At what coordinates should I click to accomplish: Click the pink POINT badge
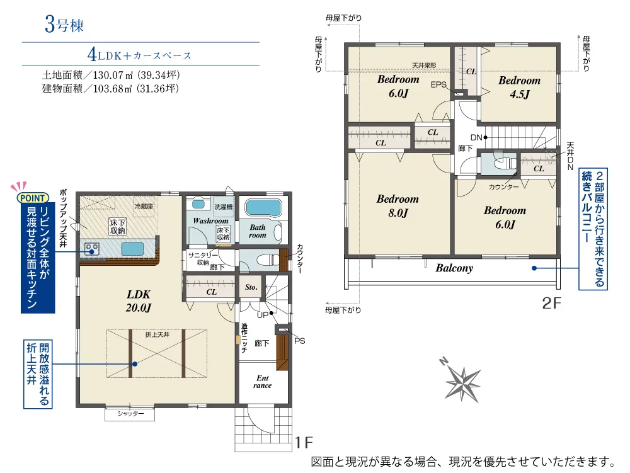(x=33, y=198)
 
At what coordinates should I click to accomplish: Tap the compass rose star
(x=462, y=382)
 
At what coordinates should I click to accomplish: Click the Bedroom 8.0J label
(x=398, y=205)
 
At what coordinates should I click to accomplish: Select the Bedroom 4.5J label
(x=519, y=87)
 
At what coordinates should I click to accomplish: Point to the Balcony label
(x=454, y=268)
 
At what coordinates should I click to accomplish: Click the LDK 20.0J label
(x=139, y=301)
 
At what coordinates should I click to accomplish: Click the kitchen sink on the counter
(x=132, y=249)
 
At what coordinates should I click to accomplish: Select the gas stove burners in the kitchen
(x=92, y=249)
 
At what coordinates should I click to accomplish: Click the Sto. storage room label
(x=251, y=287)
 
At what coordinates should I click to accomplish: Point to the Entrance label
(x=262, y=382)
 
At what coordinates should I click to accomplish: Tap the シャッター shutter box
(x=130, y=414)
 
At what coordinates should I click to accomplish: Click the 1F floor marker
(x=304, y=443)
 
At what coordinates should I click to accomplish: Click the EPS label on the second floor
(x=438, y=84)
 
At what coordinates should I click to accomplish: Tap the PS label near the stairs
(x=300, y=341)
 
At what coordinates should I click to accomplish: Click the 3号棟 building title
(x=64, y=25)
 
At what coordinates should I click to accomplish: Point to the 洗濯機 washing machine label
(x=224, y=207)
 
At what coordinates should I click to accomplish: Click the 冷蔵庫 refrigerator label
(x=144, y=207)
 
